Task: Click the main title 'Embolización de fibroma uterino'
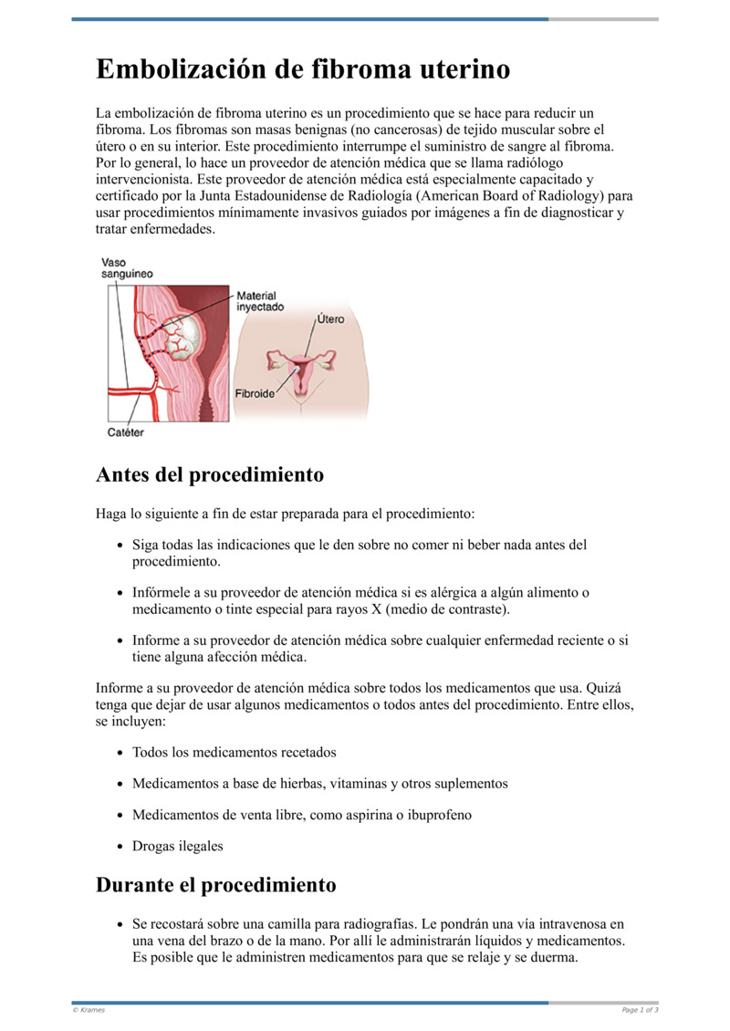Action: [x=303, y=70]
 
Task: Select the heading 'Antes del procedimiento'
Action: [x=210, y=475]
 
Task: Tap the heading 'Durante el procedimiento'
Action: [x=215, y=885]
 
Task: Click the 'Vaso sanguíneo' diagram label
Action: [x=127, y=268]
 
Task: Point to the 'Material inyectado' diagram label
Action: [x=260, y=302]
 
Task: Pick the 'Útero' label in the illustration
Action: [x=330, y=319]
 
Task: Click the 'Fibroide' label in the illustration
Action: [x=255, y=395]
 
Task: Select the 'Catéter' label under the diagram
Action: [x=126, y=432]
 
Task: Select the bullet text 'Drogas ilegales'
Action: [x=177, y=846]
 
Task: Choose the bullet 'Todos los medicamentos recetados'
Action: [x=235, y=753]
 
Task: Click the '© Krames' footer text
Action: [x=89, y=1010]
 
